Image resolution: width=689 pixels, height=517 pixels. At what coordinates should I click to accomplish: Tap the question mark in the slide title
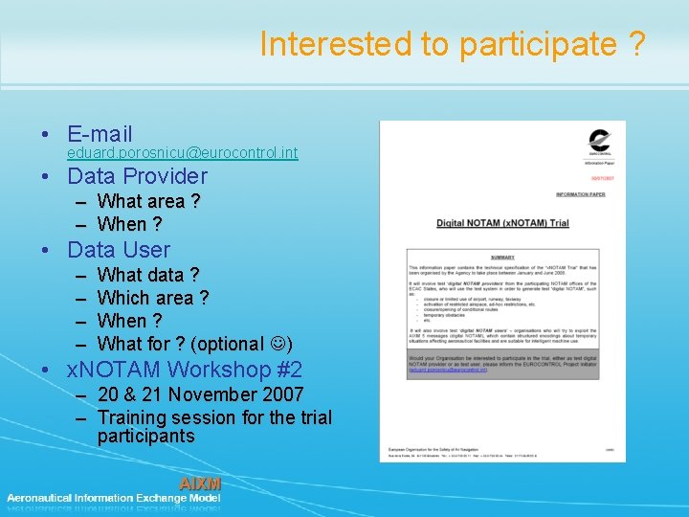click(636, 44)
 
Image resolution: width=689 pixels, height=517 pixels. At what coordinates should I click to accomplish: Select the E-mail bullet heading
click(100, 134)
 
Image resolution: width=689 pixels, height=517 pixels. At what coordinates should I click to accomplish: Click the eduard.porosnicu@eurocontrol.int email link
click(182, 153)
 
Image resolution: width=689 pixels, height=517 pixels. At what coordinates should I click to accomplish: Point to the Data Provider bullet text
click(137, 176)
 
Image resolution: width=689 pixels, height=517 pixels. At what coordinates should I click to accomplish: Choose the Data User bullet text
click(119, 250)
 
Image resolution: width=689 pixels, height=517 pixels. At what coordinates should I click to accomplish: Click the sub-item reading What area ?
click(148, 201)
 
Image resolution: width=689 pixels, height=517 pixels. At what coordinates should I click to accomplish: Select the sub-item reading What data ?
click(148, 275)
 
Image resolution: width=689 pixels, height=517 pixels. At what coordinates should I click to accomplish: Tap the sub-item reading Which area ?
click(153, 298)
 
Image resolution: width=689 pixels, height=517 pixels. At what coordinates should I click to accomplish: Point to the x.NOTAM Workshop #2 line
click(185, 371)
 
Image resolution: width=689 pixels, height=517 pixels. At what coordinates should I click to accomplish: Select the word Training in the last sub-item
click(136, 417)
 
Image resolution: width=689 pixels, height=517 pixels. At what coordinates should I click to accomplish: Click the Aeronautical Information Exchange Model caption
click(114, 498)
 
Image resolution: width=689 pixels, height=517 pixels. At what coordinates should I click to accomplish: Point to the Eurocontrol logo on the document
click(600, 141)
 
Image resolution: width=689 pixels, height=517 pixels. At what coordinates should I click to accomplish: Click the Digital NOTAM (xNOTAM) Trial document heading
click(502, 223)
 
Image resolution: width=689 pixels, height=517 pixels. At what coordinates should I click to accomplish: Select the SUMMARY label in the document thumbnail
click(502, 258)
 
